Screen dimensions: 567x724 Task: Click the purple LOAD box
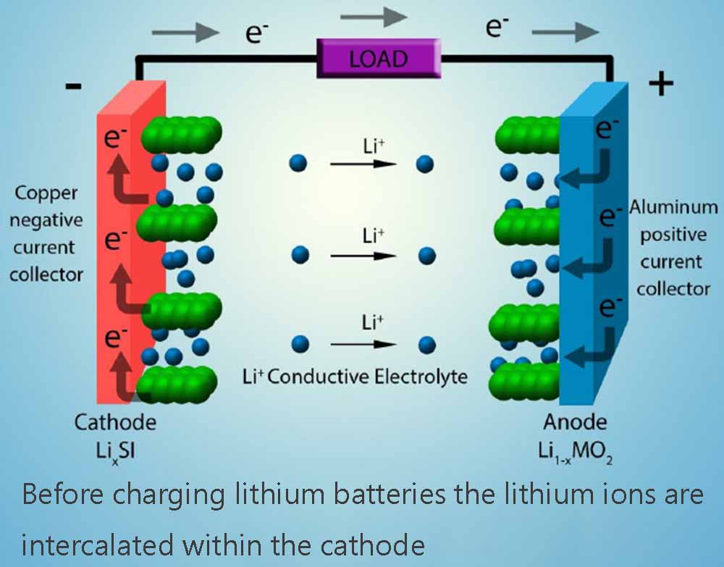point(378,58)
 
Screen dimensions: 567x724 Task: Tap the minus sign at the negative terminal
point(73,86)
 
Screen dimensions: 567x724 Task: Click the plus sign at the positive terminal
point(660,85)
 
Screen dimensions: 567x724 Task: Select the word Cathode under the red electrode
point(115,421)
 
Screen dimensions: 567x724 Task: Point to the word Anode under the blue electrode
point(575,421)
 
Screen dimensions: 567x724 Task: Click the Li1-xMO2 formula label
point(577,450)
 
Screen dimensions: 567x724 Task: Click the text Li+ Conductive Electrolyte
point(354,377)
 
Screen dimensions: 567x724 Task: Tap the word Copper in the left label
point(46,193)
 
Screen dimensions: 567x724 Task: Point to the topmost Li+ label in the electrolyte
point(374,146)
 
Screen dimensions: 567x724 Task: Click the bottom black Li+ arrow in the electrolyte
point(363,344)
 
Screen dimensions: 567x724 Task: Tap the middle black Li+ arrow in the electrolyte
point(363,256)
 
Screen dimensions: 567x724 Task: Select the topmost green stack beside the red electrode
point(180,135)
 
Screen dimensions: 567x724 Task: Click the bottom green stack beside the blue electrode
point(527,377)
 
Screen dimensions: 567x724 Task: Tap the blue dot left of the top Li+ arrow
point(298,164)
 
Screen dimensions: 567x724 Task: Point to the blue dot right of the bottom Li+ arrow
point(427,343)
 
